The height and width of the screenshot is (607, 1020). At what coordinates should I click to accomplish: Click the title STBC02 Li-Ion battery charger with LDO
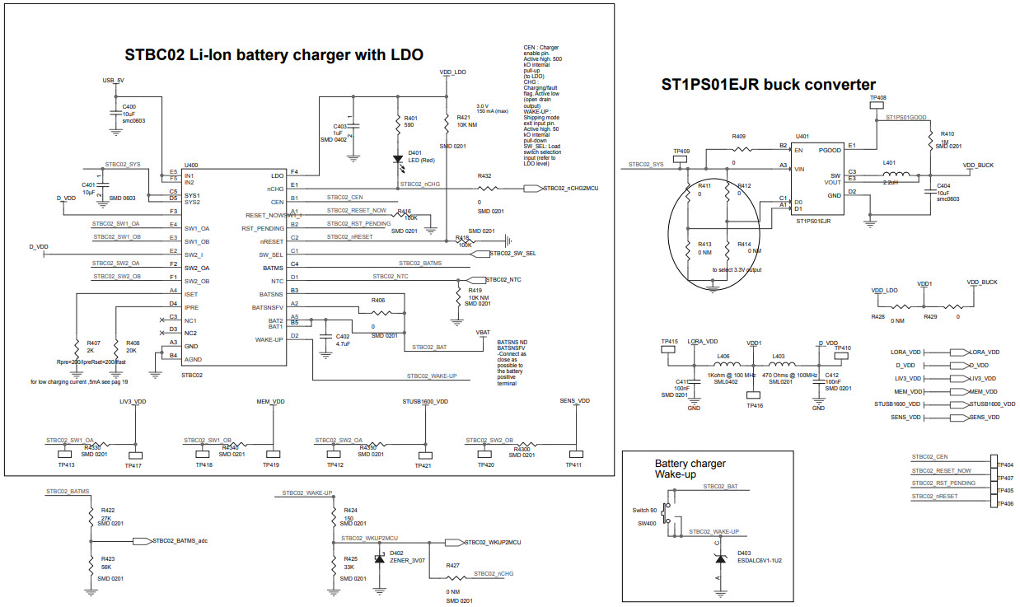(274, 55)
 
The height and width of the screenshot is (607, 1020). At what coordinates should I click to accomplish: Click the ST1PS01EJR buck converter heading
(769, 84)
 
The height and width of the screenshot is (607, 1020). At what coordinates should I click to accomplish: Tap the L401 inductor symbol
(899, 175)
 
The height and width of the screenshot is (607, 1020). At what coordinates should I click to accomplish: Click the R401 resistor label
(409, 119)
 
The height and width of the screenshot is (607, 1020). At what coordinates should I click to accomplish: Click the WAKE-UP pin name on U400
(269, 339)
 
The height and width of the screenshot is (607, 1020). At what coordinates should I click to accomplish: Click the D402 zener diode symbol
(380, 560)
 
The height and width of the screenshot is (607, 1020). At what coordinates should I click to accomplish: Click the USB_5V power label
(113, 81)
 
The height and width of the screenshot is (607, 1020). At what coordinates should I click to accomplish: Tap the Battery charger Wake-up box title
(690, 469)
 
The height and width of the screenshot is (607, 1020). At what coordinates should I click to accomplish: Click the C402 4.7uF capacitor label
(342, 340)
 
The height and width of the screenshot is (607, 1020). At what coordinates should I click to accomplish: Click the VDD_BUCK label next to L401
(978, 166)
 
